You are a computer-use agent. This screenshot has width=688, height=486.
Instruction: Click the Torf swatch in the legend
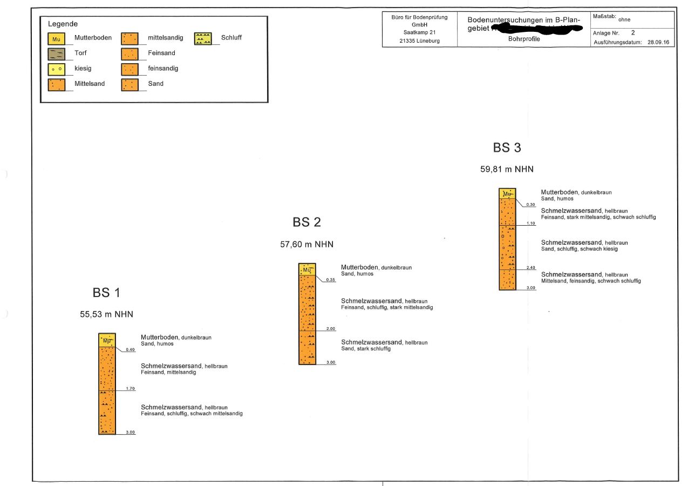[x=56, y=53]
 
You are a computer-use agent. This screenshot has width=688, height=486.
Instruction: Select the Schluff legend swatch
[x=203, y=38]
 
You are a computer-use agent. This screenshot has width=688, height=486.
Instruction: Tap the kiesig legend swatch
[x=56, y=69]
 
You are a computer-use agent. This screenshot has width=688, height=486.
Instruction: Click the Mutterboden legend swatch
[x=56, y=38]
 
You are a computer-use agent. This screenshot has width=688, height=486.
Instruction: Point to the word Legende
[x=63, y=24]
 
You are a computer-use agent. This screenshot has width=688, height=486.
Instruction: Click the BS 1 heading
[x=106, y=293]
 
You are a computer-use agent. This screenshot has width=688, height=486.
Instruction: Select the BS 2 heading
[x=306, y=222]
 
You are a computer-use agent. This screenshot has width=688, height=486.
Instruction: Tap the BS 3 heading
[x=507, y=147]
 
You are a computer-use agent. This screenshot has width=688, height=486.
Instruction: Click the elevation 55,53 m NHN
[x=106, y=315]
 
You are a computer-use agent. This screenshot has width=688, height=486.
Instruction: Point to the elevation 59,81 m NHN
[x=507, y=169]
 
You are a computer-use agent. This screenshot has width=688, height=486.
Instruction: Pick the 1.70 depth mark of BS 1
[x=130, y=388]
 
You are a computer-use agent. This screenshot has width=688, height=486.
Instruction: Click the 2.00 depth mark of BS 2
[x=330, y=328]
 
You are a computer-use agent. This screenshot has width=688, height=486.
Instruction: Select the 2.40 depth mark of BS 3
[x=530, y=267]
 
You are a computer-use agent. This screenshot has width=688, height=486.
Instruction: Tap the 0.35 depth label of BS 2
[x=331, y=280]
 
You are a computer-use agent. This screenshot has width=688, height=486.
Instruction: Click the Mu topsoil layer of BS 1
[x=107, y=340]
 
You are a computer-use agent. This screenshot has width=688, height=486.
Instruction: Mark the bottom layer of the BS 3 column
[x=507, y=280]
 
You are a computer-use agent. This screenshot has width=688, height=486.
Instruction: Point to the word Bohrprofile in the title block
[x=524, y=39]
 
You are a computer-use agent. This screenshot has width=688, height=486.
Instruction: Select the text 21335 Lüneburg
[x=419, y=42]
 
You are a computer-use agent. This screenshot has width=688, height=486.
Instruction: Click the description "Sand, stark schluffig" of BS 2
[x=366, y=349]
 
